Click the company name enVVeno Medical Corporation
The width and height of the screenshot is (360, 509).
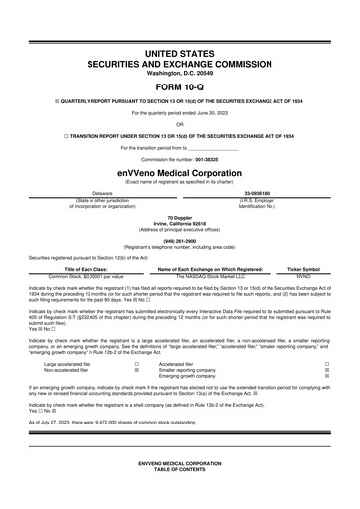coord(179,170)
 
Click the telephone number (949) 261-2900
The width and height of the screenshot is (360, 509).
coord(179,239)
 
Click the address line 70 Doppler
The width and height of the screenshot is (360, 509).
coord(179,216)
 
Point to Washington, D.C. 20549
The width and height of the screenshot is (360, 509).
coord(179,73)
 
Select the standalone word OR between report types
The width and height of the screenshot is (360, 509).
coord(179,125)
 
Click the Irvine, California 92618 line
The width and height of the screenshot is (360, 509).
coord(179,222)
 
